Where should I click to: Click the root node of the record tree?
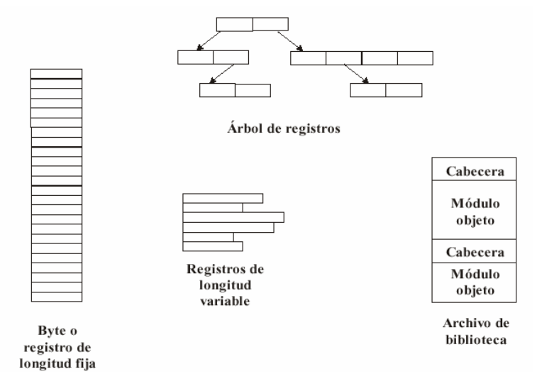click(x=253, y=23)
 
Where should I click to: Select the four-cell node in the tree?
click(x=361, y=58)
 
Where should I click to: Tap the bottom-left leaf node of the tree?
click(x=235, y=90)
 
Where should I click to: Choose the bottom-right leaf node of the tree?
click(x=386, y=90)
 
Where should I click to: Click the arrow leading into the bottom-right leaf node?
click(x=357, y=74)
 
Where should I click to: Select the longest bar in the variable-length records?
click(x=233, y=217)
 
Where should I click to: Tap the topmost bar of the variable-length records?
click(x=223, y=198)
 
